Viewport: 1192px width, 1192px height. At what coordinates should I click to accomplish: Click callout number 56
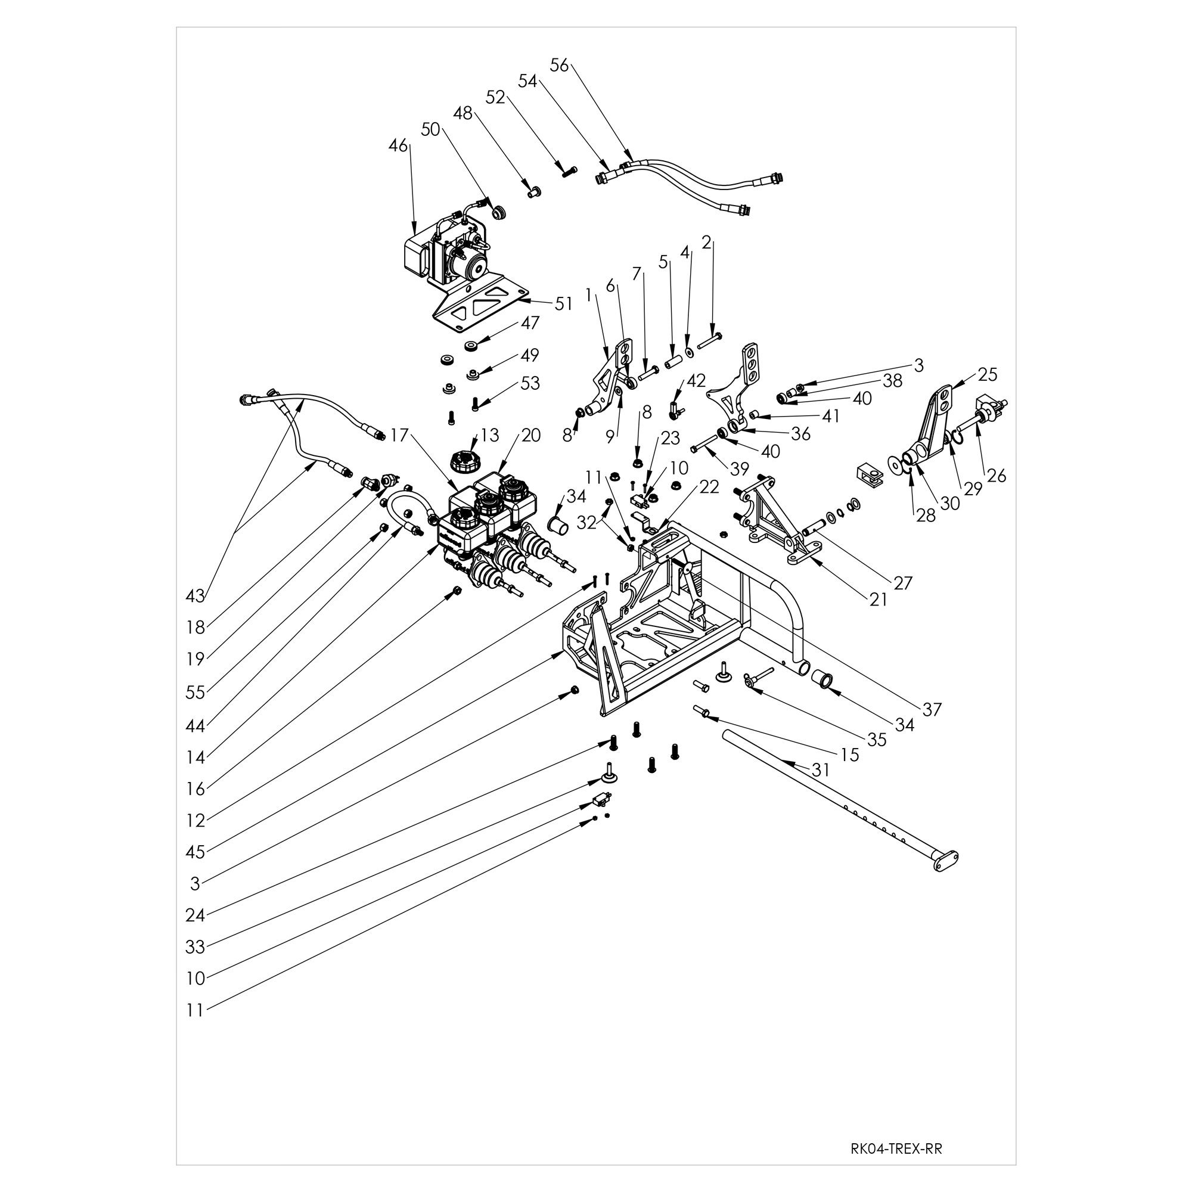[x=560, y=65]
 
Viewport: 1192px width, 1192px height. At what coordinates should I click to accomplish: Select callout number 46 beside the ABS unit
[x=399, y=146]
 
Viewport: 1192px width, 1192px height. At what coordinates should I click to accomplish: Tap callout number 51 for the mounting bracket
[x=564, y=303]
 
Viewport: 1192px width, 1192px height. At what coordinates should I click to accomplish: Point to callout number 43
[x=195, y=596]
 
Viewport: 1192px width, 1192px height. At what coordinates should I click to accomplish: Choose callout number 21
[x=878, y=600]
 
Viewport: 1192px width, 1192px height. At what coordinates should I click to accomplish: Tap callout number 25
[x=988, y=375]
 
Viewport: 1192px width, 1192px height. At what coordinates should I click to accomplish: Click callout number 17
[x=399, y=436]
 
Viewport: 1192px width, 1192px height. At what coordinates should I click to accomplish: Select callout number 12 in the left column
[x=195, y=821]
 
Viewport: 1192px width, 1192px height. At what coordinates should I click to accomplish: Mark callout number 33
[x=195, y=946]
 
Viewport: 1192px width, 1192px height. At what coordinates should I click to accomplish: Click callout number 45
[x=195, y=852]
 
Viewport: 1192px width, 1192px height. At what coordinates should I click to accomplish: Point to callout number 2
[x=707, y=243]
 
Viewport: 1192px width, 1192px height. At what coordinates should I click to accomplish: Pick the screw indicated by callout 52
[x=569, y=171]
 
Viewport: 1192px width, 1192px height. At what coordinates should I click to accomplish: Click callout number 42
[x=696, y=381]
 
